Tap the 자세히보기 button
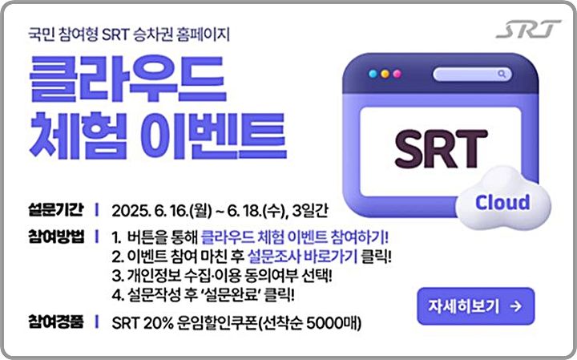[x=475, y=305]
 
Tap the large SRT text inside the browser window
[x=441, y=148]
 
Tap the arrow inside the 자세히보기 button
[x=515, y=305]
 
